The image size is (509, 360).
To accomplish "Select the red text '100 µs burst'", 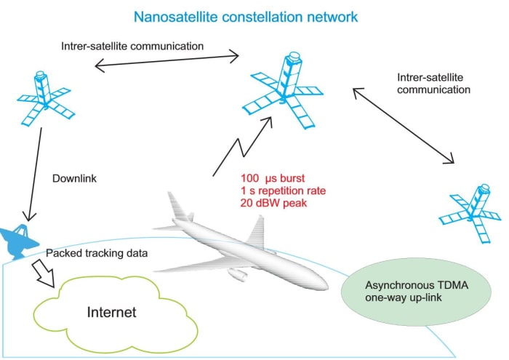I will point(273,177).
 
